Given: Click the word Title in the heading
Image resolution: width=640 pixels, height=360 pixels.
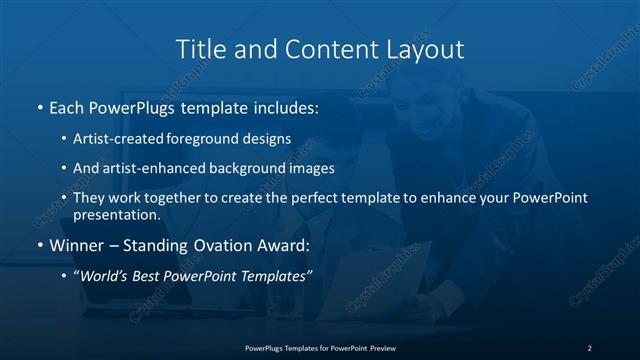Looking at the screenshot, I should [200, 48].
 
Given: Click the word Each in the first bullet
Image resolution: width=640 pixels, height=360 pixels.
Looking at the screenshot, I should [67, 106].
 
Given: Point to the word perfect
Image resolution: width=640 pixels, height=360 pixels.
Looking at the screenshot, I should [317, 198].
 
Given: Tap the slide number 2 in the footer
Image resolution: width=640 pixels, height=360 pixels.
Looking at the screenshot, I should [589, 347].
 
